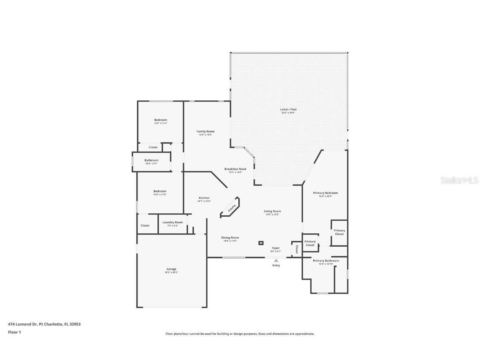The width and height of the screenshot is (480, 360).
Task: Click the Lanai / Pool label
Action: pos(288,110)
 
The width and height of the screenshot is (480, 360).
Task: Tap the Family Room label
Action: pos(205,132)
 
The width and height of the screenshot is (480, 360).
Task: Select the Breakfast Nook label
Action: pos(235,169)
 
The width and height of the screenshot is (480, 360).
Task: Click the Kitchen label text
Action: pos(204,198)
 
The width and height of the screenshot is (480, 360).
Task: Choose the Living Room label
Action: pos(272,211)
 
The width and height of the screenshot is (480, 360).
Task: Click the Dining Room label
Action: pos(230,238)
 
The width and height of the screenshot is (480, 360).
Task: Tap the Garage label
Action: pos(171,269)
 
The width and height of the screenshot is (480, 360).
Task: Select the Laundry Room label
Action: pos(172,222)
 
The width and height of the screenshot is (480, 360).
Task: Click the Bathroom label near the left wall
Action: pos(151,160)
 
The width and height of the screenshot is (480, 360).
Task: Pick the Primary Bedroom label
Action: pos(325,193)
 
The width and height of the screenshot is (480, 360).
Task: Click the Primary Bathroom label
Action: pos(326,261)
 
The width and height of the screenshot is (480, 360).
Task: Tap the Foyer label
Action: pos(276,248)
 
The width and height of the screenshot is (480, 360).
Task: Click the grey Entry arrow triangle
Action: pos(276,260)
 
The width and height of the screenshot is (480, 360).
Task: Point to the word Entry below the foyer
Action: pos(276,265)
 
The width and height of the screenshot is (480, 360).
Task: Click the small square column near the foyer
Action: pos(261,242)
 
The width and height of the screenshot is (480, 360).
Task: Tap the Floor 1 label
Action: pos(14,332)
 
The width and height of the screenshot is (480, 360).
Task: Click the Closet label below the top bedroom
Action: pos(153,147)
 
